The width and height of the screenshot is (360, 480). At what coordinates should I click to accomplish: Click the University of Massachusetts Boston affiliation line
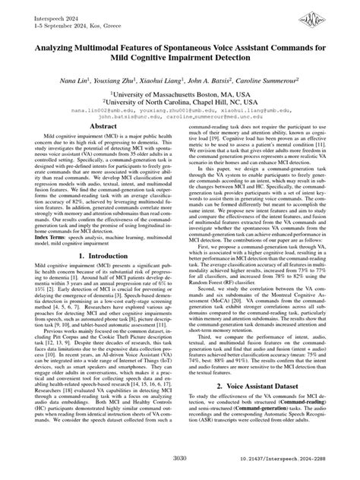180,90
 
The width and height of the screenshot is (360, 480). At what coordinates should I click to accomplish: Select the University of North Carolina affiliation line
180,99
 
